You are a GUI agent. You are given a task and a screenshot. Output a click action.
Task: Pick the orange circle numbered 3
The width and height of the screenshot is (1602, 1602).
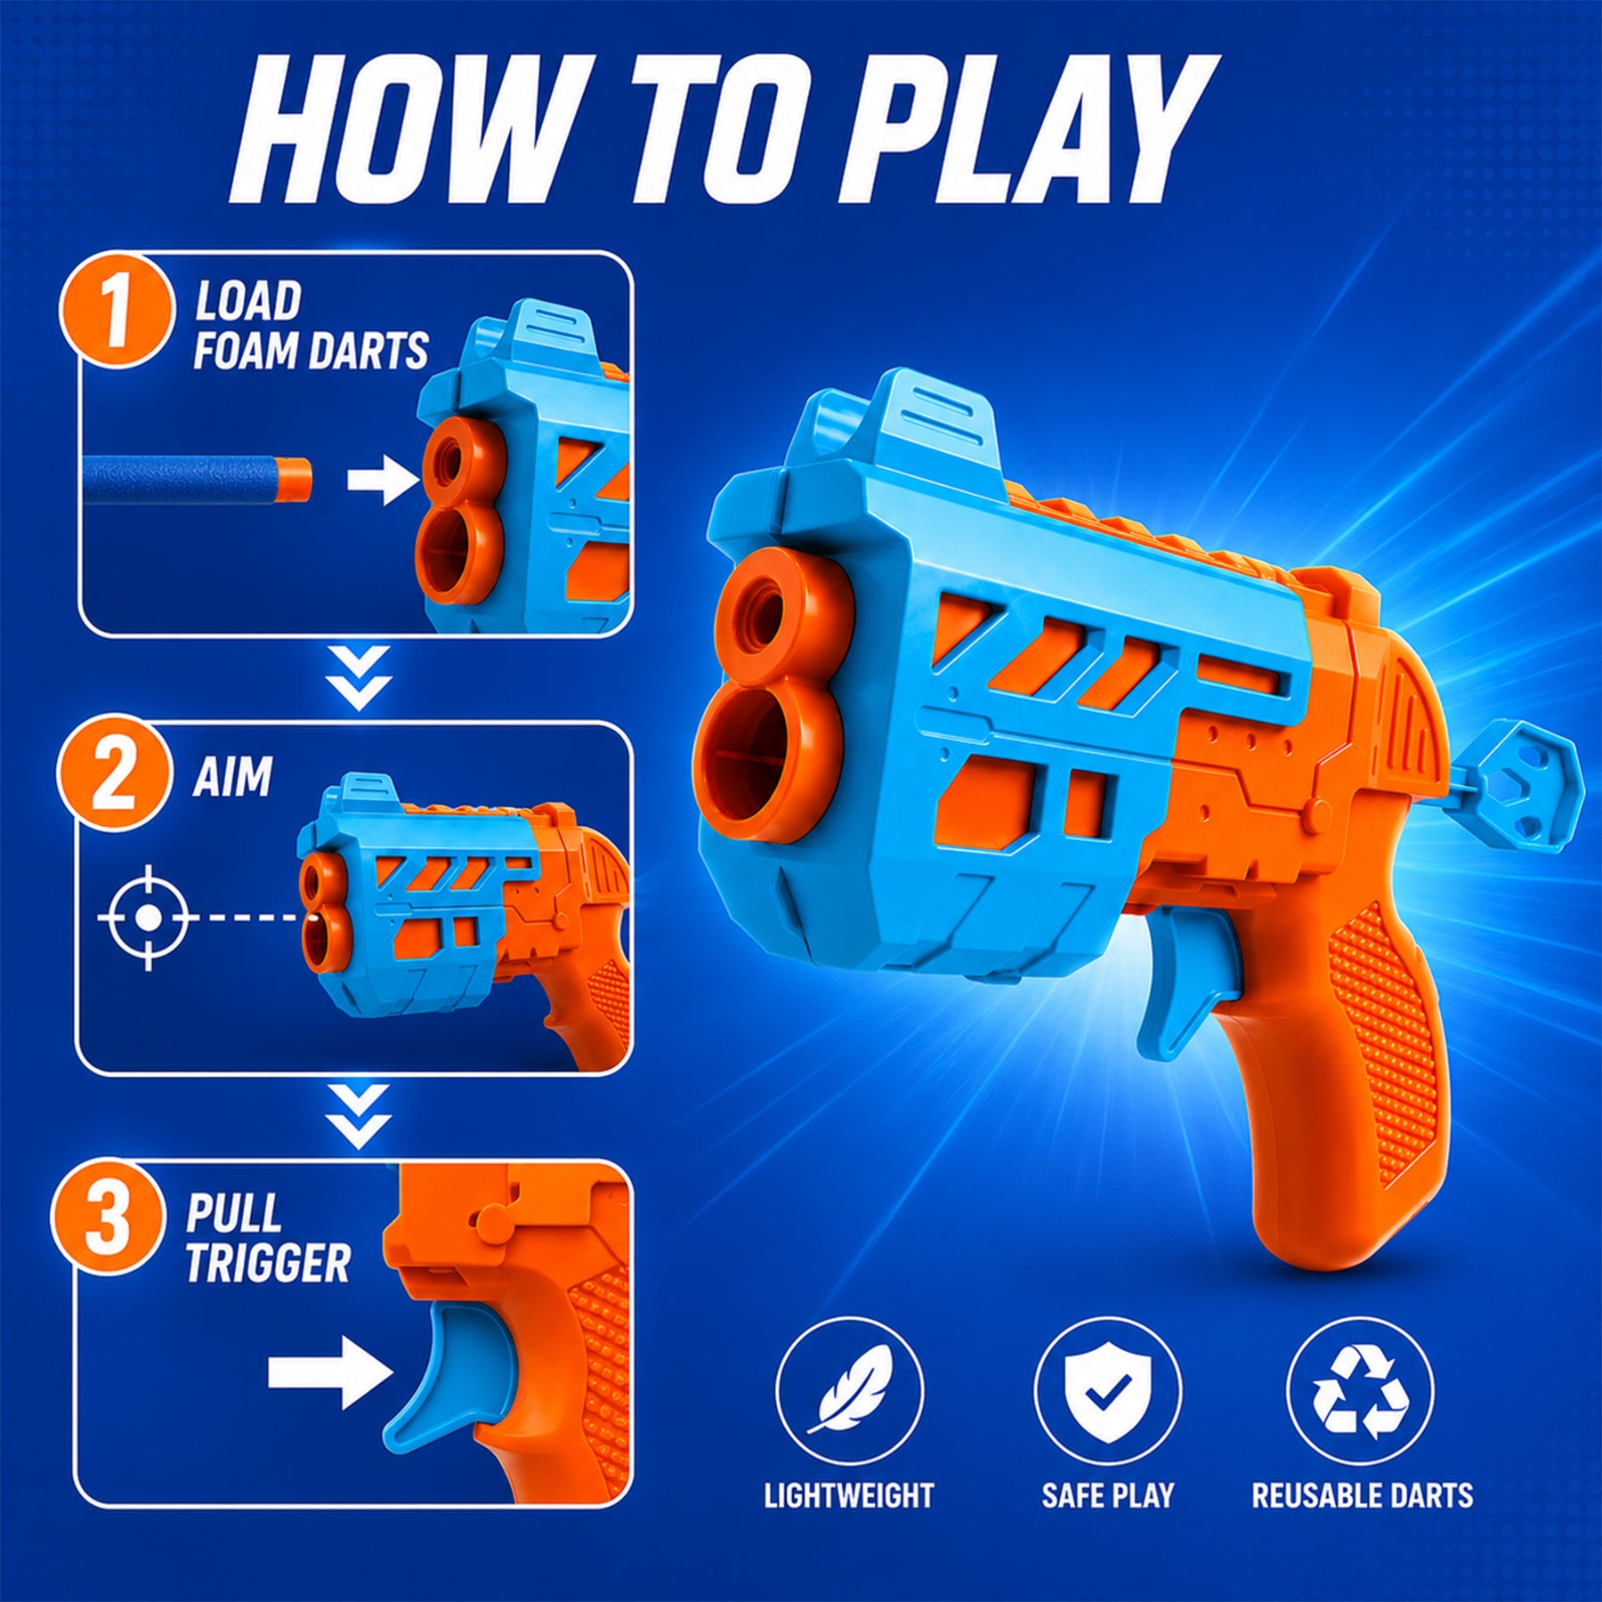coord(109,1215)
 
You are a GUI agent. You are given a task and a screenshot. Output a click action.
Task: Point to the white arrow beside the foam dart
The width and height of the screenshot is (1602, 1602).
coord(384,481)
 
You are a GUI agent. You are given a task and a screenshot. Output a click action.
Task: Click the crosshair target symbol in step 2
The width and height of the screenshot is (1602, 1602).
coord(149,917)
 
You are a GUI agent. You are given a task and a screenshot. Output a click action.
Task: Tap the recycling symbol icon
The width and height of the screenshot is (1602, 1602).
coord(1360,1391)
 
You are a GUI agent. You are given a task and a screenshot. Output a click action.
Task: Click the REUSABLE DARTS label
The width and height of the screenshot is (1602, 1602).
coord(1363,1495)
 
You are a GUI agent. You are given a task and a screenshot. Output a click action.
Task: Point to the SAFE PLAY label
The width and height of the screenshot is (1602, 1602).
coord(1108,1495)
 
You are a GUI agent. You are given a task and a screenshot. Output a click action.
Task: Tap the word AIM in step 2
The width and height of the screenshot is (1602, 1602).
coord(232,778)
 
